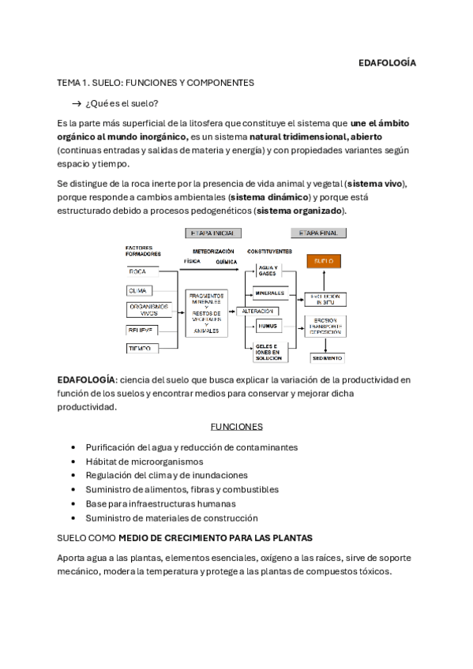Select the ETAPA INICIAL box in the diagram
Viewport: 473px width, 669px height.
[212, 234]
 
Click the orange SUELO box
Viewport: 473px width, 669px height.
[323, 260]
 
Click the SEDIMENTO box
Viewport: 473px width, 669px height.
[324, 357]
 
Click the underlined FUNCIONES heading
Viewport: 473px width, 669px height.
[236, 427]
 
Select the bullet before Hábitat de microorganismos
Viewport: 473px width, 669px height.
[73, 461]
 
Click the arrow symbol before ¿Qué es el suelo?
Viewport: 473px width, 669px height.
[77, 103]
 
